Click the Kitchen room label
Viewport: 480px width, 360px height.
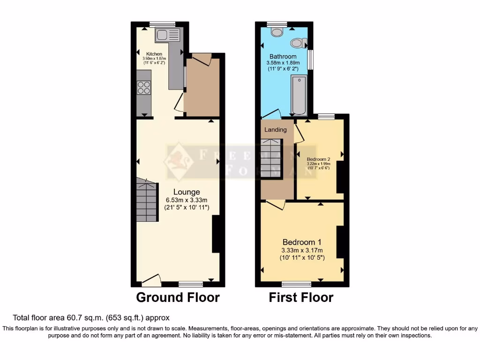(x=154, y=54)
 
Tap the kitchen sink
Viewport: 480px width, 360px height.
(x=167, y=35)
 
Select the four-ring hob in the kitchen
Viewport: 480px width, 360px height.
(x=144, y=88)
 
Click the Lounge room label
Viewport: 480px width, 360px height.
(x=187, y=192)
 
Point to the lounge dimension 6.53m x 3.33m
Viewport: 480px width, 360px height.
(x=187, y=200)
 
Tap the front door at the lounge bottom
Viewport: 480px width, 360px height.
(x=151, y=281)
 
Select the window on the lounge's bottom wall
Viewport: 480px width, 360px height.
(x=191, y=284)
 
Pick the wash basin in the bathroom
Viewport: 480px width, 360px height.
(x=297, y=44)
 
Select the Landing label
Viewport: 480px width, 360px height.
(x=276, y=129)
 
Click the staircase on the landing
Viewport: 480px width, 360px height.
(x=272, y=157)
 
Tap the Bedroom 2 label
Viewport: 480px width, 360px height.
(x=319, y=159)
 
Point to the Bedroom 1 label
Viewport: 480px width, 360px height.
(x=301, y=242)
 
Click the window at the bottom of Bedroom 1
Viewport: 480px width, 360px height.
(x=296, y=284)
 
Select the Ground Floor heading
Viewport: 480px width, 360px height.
(x=178, y=297)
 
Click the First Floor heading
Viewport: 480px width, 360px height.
(x=301, y=297)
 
